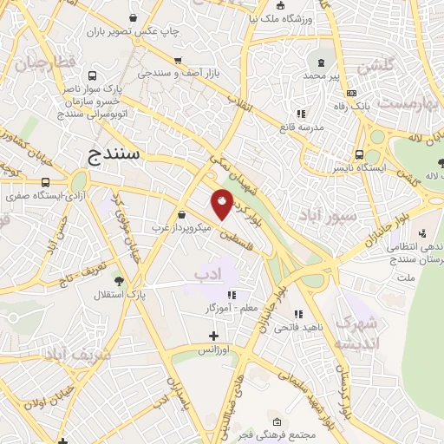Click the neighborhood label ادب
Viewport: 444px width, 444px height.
click(206, 275)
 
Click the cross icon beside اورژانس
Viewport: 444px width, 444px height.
click(214, 335)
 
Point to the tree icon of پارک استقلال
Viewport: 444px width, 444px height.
click(119, 281)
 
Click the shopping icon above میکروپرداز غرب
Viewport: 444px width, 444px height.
click(180, 213)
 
